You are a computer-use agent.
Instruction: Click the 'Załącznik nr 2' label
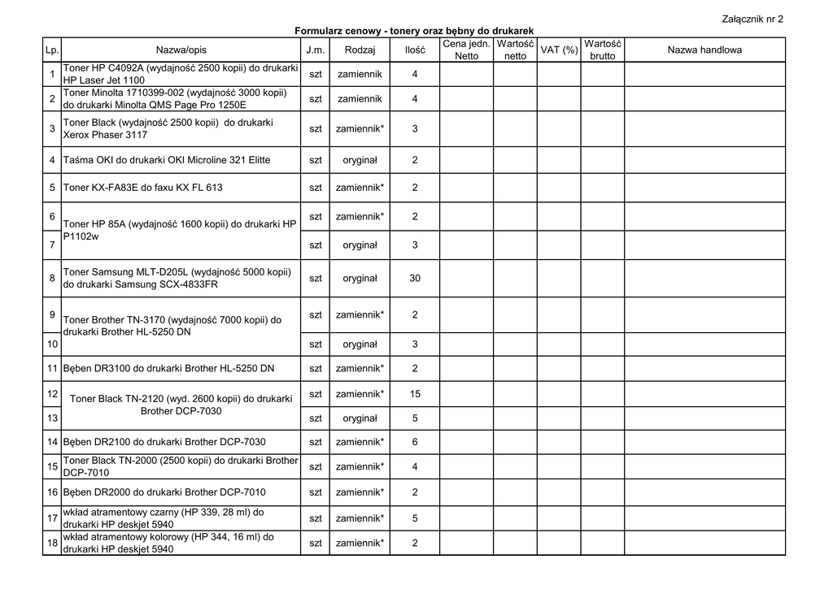pyautogui.click(x=752, y=19)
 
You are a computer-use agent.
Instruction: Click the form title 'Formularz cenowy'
pyautogui.click(x=414, y=31)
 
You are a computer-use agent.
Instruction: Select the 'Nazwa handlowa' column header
pyautogui.click(x=704, y=50)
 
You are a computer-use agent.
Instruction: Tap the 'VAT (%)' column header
pyautogui.click(x=559, y=50)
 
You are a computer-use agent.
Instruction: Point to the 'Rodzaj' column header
pyautogui.click(x=360, y=50)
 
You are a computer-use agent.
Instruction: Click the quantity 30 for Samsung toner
pyautogui.click(x=415, y=279)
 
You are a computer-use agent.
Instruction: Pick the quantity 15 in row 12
pyautogui.click(x=415, y=394)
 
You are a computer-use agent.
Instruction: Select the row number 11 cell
pyautogui.click(x=52, y=369)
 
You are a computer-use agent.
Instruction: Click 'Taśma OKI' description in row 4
pyautogui.click(x=167, y=160)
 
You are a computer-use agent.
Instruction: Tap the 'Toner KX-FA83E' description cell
pyautogui.click(x=142, y=188)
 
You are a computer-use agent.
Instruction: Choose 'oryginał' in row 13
pyautogui.click(x=360, y=418)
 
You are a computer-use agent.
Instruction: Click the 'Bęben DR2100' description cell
pyautogui.click(x=164, y=442)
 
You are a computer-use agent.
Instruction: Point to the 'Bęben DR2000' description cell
pyautogui.click(x=164, y=492)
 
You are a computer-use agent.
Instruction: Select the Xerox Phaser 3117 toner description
pyautogui.click(x=168, y=128)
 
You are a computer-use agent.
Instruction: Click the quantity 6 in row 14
pyautogui.click(x=415, y=442)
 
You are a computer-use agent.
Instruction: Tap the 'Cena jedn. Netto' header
pyautogui.click(x=466, y=50)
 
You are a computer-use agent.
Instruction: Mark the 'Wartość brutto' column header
pyautogui.click(x=603, y=50)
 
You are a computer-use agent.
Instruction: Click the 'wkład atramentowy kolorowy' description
pyautogui.click(x=168, y=543)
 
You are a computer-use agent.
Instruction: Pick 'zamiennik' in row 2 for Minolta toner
pyautogui.click(x=360, y=99)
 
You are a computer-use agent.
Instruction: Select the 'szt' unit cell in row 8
pyautogui.click(x=316, y=279)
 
